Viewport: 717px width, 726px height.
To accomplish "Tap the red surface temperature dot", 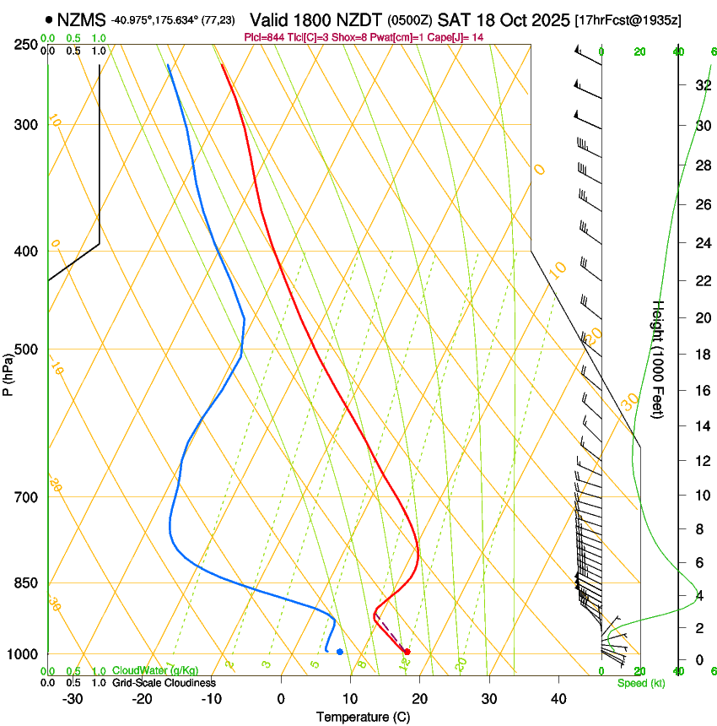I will pos(407,652).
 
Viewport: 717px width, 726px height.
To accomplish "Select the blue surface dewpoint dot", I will pos(339,652).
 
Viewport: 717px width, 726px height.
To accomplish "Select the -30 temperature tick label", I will pos(73,699).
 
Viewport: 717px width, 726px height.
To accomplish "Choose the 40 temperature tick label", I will pos(558,699).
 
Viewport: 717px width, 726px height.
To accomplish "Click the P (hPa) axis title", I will pos(8,373).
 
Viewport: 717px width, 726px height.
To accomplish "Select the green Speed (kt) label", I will pos(641,683).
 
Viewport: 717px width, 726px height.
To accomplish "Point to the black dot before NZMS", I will pos(49,19).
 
